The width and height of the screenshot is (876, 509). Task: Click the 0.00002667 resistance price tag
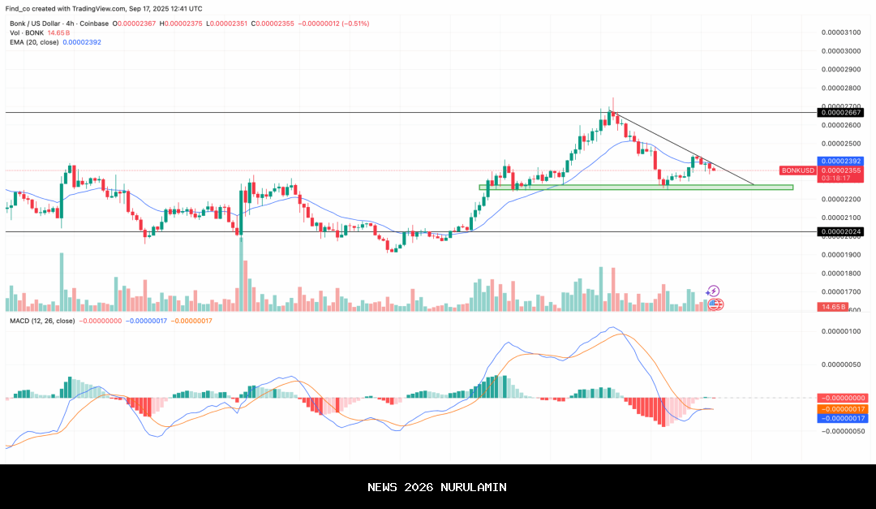click(840, 113)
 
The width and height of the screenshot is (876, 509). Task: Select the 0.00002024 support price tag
click(840, 231)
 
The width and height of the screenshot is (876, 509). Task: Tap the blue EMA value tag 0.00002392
click(840, 162)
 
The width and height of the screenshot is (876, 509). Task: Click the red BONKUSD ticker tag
click(798, 170)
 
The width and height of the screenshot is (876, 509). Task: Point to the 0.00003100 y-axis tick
click(840, 32)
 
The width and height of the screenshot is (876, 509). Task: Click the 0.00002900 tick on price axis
click(840, 69)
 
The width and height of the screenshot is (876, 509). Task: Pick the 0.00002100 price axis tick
click(840, 218)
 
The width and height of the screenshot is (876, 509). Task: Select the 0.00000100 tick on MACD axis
click(840, 331)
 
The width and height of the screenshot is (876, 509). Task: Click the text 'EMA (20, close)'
click(32, 42)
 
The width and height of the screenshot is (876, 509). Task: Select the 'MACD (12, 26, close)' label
click(42, 321)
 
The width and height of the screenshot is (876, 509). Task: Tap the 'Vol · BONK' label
click(25, 32)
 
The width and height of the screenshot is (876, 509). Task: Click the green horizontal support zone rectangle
click(636, 188)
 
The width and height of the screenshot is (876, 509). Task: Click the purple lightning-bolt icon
click(712, 291)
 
